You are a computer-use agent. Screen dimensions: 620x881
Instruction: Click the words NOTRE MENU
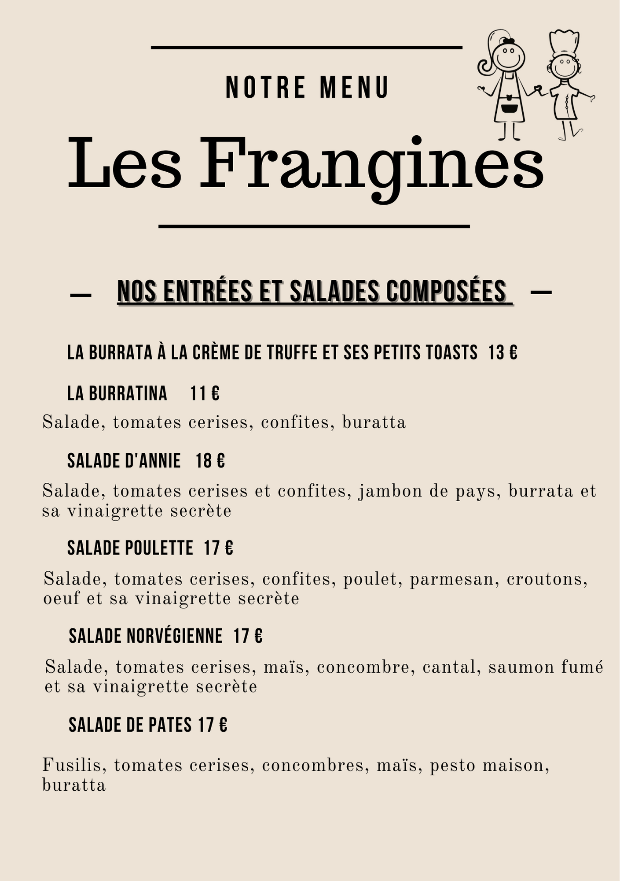[x=307, y=87]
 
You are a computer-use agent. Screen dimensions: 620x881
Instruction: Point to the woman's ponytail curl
[x=485, y=65]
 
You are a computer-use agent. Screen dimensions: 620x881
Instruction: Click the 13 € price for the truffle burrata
[x=503, y=353]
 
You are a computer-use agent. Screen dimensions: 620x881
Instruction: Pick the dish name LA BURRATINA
[x=117, y=393]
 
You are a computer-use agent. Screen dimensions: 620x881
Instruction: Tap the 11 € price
[x=205, y=393]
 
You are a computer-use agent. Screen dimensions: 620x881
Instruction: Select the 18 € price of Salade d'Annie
[x=210, y=461]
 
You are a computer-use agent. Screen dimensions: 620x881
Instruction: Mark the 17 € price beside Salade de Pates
[x=213, y=725]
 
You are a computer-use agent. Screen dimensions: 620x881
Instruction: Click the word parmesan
[x=451, y=579]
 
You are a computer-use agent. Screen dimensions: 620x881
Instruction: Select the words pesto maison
[x=489, y=766]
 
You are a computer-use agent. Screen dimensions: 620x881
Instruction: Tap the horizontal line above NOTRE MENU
[x=306, y=47]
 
